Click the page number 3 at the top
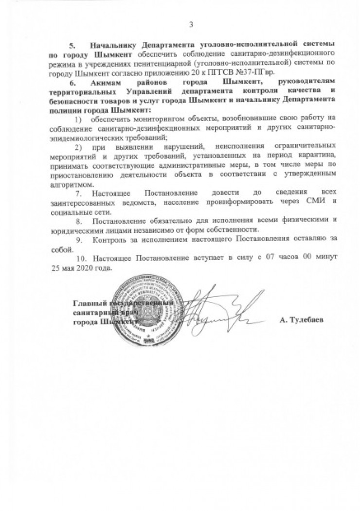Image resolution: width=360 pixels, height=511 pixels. point(191,25)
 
